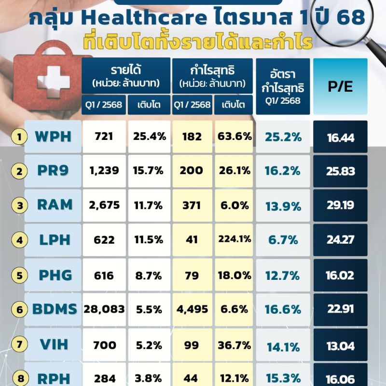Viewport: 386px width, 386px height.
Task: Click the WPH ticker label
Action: [53, 137]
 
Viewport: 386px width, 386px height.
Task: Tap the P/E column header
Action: [340, 86]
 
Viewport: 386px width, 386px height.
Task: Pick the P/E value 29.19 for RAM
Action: [340, 206]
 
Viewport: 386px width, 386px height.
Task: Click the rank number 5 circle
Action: [19, 276]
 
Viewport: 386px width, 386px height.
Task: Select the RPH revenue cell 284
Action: [104, 378]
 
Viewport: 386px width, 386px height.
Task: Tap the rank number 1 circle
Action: [19, 138]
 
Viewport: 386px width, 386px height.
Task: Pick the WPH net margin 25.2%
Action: [283, 138]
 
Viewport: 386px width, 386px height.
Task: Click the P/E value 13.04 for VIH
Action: [340, 345]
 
